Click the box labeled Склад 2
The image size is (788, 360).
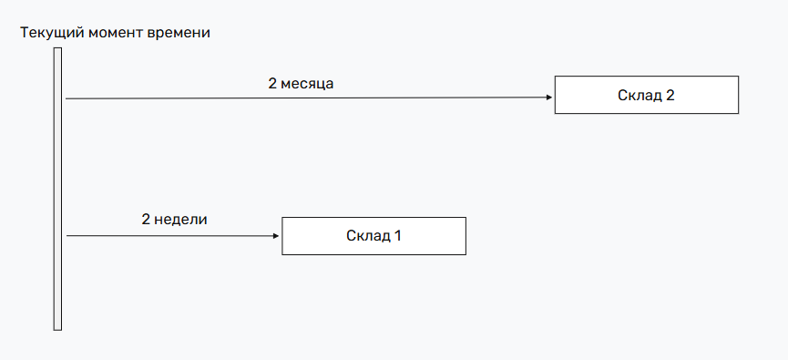pyautogui.click(x=646, y=95)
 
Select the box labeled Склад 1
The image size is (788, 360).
pyautogui.click(x=374, y=235)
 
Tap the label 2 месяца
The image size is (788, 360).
pyautogui.click(x=301, y=84)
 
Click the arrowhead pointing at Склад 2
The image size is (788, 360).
pyautogui.click(x=549, y=98)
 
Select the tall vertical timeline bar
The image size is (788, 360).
pyautogui.click(x=57, y=189)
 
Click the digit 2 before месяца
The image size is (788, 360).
pyautogui.click(x=271, y=84)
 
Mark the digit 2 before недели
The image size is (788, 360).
pyautogui.click(x=145, y=220)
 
